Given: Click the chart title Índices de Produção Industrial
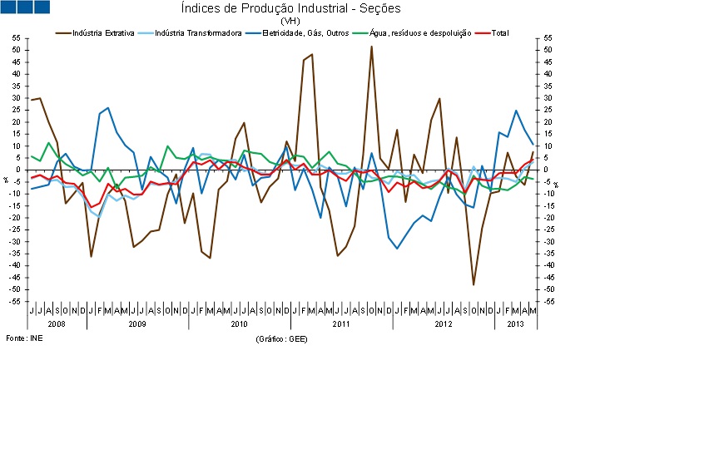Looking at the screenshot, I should [290, 8].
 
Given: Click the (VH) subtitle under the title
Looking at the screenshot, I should [290, 21].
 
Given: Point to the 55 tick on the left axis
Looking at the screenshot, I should [17, 38].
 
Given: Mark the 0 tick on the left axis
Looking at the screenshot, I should [19, 170].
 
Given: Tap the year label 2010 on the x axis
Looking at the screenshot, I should [239, 322].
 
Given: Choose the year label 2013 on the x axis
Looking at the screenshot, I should [516, 322].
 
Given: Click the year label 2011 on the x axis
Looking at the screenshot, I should [340, 322].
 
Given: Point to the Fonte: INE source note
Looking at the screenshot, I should [23, 339].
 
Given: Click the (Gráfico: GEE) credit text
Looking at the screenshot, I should [280, 339].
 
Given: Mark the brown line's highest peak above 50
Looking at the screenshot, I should [371, 47].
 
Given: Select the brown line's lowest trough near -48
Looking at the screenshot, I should [474, 284].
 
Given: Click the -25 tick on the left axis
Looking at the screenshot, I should [17, 229].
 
